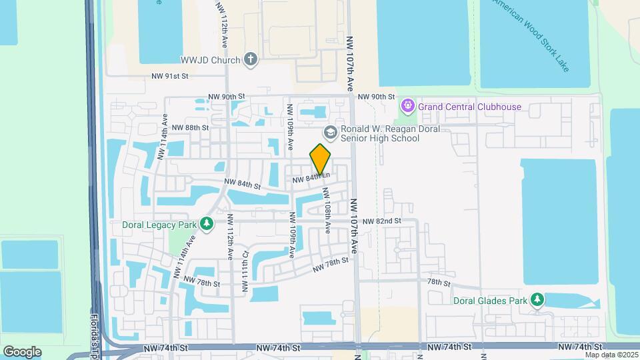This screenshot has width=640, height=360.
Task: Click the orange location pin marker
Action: coord(321,159)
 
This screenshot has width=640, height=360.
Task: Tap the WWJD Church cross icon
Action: coord(251,60)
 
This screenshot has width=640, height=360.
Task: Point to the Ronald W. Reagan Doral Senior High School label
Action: coord(380,133)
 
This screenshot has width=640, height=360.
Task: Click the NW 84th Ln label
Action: coord(311,178)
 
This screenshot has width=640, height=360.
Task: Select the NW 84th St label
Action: coord(241,183)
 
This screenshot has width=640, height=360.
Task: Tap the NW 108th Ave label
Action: coord(327,210)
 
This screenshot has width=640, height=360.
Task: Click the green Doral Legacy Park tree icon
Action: coord(207,223)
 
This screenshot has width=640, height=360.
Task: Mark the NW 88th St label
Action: coord(190,127)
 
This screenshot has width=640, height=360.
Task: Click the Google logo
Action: coord(22,351)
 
